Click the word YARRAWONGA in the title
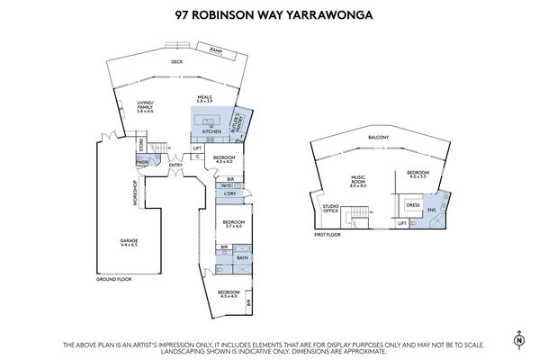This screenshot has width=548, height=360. tap(334, 15)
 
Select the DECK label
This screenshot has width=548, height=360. tap(177, 62)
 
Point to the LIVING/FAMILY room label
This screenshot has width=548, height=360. tap(145, 107)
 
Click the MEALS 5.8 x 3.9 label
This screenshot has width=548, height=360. tap(207, 101)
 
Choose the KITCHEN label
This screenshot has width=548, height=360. tap(211, 132)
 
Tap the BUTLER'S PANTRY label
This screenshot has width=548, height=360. tap(239, 120)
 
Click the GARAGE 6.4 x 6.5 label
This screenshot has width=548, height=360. tap(130, 243)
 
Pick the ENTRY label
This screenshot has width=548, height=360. tap(175, 164)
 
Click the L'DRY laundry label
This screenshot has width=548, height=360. tap(229, 193)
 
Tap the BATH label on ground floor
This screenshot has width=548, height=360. tap(241, 258)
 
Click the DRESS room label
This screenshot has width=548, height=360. tap(413, 204)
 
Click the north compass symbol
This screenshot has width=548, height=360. tap(519, 339)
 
